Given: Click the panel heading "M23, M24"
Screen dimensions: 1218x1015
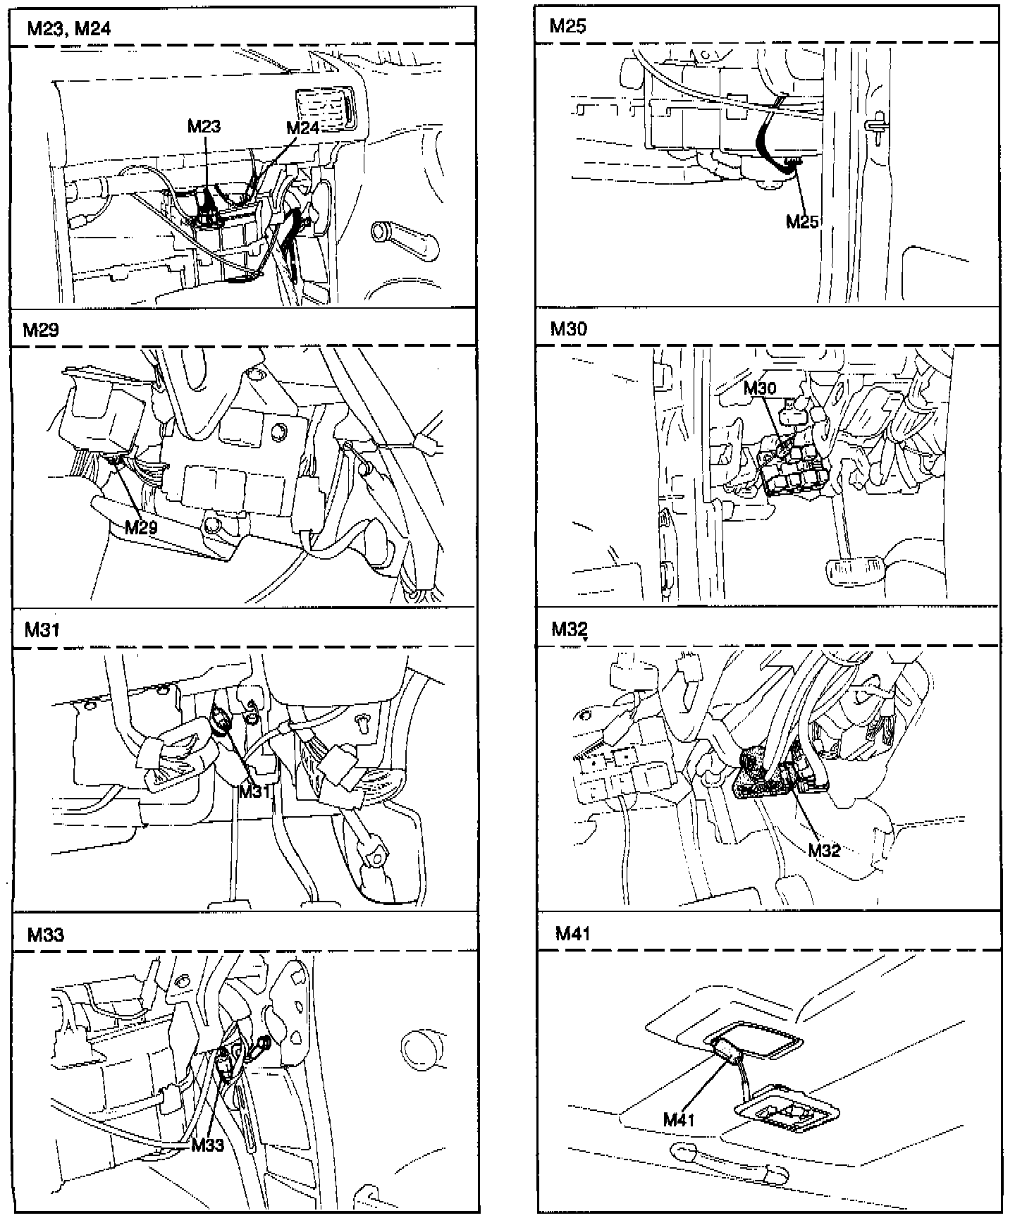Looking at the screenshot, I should [68, 29].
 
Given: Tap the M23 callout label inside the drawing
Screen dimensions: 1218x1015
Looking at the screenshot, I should [204, 126].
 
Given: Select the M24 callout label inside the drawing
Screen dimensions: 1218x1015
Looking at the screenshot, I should [303, 128].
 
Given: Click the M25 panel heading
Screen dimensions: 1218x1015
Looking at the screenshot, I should [567, 27].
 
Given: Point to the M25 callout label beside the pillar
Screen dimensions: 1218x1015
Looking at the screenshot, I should [801, 222].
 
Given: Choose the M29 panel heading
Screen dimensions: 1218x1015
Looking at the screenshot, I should [41, 330].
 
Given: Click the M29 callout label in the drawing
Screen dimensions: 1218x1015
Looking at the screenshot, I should [141, 527].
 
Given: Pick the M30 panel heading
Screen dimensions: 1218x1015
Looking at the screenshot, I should [568, 328].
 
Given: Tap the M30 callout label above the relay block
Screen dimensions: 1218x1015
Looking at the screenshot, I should [760, 388].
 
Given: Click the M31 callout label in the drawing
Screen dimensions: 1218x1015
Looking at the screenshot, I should [254, 791].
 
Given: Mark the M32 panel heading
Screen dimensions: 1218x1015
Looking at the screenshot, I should [569, 628].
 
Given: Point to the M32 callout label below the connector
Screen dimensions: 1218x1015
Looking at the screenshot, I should [824, 850].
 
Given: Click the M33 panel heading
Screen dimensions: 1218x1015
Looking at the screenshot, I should [45, 935].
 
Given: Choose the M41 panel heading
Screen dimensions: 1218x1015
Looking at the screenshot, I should [572, 934].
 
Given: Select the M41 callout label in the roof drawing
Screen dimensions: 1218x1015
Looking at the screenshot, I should [679, 1119].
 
